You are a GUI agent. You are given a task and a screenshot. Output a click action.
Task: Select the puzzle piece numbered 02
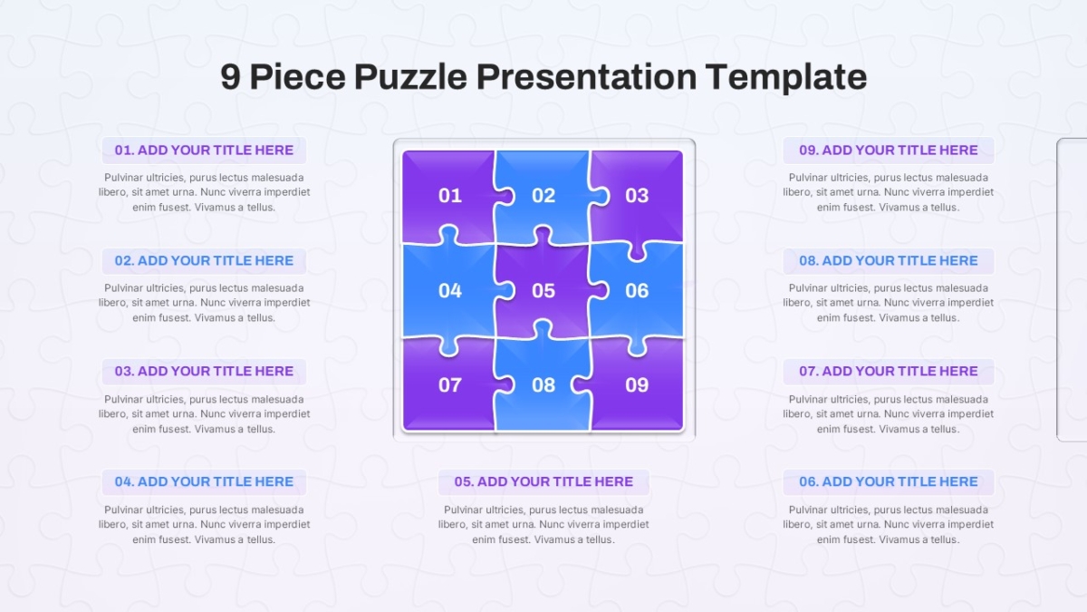click(543, 195)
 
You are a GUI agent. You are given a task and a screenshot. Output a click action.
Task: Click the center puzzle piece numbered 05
click(543, 290)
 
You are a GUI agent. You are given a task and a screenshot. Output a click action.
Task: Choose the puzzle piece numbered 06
click(637, 290)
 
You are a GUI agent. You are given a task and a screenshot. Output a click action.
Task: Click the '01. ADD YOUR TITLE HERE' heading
click(204, 151)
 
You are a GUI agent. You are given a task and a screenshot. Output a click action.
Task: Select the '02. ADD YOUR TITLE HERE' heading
click(204, 261)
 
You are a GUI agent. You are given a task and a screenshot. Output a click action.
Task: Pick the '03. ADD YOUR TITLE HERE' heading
click(204, 371)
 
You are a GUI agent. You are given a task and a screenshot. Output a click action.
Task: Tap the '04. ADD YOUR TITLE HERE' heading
click(204, 481)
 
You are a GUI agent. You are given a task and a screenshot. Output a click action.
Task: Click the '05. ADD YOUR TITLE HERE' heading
click(543, 481)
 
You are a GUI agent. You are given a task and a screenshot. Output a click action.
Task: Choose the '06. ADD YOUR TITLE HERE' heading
click(888, 481)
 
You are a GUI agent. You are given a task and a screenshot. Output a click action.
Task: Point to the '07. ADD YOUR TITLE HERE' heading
click(888, 371)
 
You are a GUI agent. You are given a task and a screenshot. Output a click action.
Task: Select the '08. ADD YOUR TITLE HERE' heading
click(888, 261)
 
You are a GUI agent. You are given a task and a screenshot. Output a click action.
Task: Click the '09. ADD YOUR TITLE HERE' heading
click(888, 151)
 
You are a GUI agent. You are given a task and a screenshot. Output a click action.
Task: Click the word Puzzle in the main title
click(410, 77)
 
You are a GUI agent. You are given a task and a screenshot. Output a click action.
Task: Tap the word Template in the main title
click(786, 78)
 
